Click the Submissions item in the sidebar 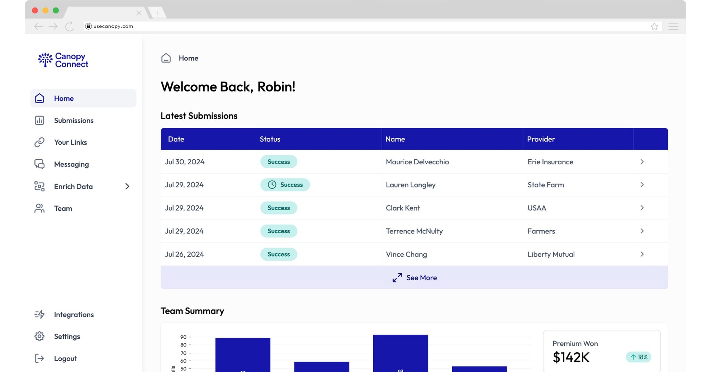click(x=73, y=120)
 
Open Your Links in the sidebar click(x=70, y=142)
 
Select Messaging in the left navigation click(x=71, y=164)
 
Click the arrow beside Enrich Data click(x=127, y=187)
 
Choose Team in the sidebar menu click(x=63, y=208)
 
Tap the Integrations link click(x=74, y=315)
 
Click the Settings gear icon click(x=40, y=336)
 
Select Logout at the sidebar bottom click(x=65, y=358)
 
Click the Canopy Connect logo click(x=63, y=60)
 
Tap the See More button click(x=414, y=278)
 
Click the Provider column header click(x=541, y=139)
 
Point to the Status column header click(x=270, y=139)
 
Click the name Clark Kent click(x=403, y=208)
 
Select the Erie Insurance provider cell click(x=550, y=162)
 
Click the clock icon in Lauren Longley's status click(x=272, y=185)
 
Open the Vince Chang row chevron click(x=642, y=254)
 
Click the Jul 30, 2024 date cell click(x=184, y=162)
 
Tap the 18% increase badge click(x=638, y=357)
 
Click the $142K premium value click(x=571, y=357)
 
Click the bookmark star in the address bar click(x=654, y=26)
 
